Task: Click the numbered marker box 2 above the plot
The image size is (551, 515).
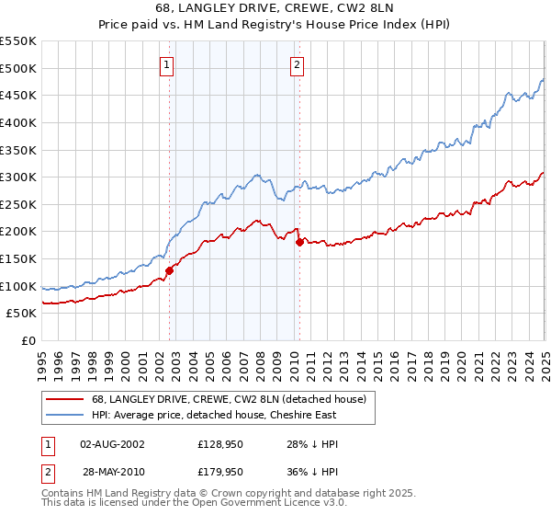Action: coord(298,64)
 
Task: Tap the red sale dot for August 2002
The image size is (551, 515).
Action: coord(170,270)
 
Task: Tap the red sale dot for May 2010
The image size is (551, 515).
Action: coord(300,243)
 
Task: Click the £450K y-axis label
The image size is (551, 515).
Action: coord(19,95)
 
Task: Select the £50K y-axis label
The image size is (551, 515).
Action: coord(23,314)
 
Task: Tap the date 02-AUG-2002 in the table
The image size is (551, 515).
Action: coord(112,443)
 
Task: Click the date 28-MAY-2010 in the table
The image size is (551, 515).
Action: coord(112,472)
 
